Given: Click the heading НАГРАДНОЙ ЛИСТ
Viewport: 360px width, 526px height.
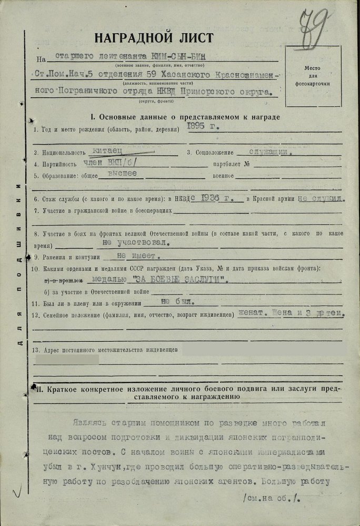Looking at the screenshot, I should click(x=154, y=38).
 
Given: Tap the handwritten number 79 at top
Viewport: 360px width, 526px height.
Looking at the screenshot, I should click(x=315, y=24).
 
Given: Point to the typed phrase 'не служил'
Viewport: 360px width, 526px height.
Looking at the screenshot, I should click(x=322, y=199).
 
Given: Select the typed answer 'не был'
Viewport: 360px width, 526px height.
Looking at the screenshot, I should click(x=171, y=302).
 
